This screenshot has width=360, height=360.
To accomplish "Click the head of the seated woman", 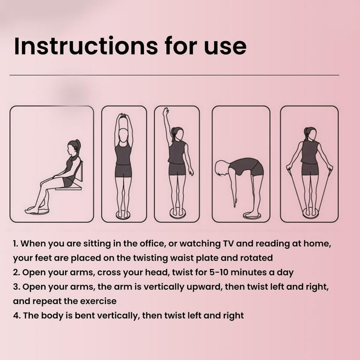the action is [x=74, y=147].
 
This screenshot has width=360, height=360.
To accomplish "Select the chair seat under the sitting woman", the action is [x=69, y=188].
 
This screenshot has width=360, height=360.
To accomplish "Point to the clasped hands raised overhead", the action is [x=124, y=115].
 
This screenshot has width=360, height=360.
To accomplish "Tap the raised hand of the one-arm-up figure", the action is [x=165, y=112].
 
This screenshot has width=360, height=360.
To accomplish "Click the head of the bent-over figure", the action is [x=222, y=168].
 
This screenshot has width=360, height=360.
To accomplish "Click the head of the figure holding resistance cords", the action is [x=310, y=134].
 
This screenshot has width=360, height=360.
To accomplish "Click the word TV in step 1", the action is [x=228, y=244].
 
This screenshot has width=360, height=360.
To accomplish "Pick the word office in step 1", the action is [x=152, y=244].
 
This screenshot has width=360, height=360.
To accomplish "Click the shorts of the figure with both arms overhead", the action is [x=123, y=171].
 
